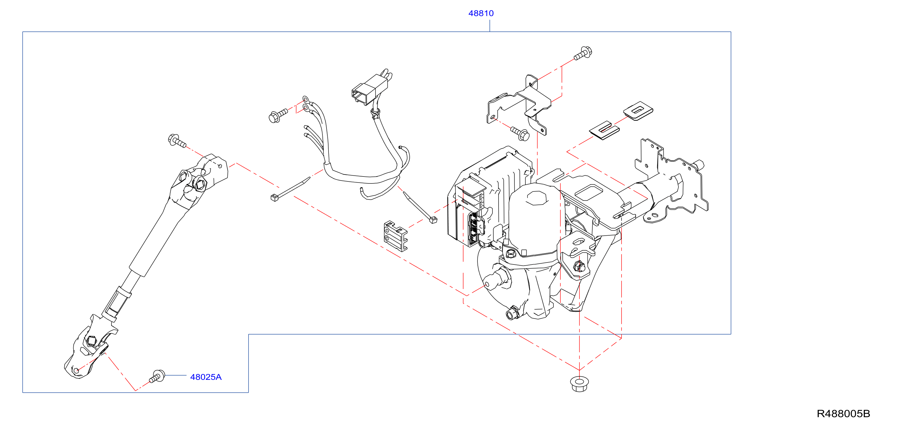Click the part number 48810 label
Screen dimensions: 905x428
click(x=481, y=13)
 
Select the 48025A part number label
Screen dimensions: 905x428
click(x=206, y=377)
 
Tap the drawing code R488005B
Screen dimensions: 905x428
click(x=844, y=414)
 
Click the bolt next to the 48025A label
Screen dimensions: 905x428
click(x=157, y=376)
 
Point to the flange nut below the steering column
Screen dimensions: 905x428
click(x=579, y=384)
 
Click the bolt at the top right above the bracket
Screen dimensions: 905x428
click(x=583, y=53)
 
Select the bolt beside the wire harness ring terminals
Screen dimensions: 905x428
click(x=278, y=115)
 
